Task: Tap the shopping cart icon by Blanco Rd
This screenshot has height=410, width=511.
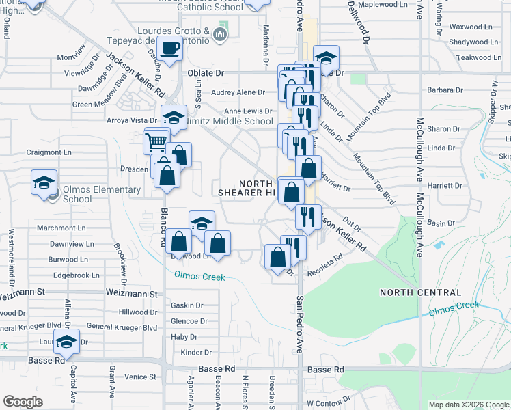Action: click(155, 142)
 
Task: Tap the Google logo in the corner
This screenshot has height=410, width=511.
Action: click(23, 402)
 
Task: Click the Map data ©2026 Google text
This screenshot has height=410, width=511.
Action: click(469, 405)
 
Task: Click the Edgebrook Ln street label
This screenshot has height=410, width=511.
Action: click(76, 275)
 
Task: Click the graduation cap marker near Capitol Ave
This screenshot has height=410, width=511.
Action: click(67, 341)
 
